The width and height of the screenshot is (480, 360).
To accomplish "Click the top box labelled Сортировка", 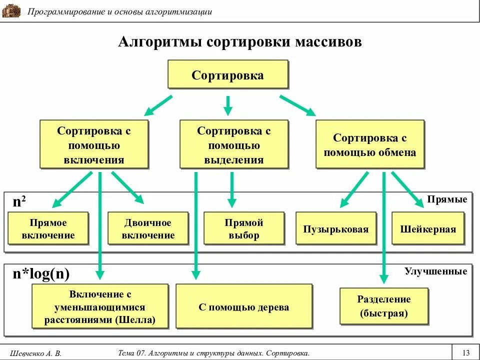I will pyautogui.click(x=227, y=75).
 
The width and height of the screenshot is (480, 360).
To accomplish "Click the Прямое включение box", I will pyautogui.click(x=48, y=229).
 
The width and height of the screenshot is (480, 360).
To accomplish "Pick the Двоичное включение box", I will pyautogui.click(x=148, y=229).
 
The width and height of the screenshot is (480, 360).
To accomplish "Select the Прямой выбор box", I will pyautogui.click(x=244, y=229).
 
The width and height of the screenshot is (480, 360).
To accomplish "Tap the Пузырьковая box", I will pyautogui.click(x=335, y=229).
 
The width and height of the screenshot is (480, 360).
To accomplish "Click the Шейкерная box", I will pyautogui.click(x=428, y=229).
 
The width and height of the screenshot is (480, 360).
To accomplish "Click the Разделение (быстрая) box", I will pyautogui.click(x=384, y=306).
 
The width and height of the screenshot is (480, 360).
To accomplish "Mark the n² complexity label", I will pyautogui.click(x=19, y=201).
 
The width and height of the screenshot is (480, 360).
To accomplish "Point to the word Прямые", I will pyautogui.click(x=447, y=199).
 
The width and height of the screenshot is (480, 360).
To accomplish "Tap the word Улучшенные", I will pyautogui.click(x=435, y=271).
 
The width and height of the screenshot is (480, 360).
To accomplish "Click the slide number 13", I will pyautogui.click(x=466, y=352).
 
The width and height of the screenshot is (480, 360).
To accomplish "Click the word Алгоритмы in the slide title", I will pyautogui.click(x=158, y=42).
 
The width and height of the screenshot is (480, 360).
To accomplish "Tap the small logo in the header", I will pyautogui.click(x=11, y=11).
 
